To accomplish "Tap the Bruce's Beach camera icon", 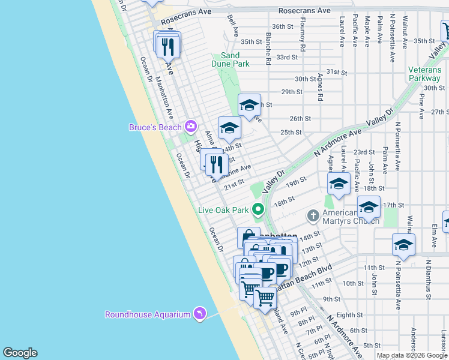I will click(191, 127).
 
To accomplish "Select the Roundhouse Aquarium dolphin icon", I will click(199, 314).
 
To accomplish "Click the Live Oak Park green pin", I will click(258, 210).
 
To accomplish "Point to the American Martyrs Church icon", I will click(313, 215).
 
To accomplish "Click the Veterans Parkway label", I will click(424, 74).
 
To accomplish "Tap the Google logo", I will click(20, 353).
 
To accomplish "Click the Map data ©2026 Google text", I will click(412, 355).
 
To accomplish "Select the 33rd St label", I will click(287, 57).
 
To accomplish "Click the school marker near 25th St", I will click(229, 128).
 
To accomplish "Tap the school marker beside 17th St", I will click(369, 207).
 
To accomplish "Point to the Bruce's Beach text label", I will click(156, 127).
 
